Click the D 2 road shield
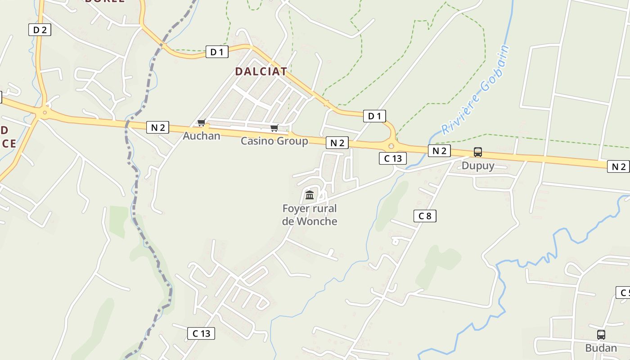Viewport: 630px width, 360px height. point(40,30)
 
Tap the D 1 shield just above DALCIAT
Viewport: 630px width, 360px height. point(217,52)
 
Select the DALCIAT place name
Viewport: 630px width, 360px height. point(261,72)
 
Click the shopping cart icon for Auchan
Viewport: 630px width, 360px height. point(201,123)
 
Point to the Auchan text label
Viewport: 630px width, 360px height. point(202,135)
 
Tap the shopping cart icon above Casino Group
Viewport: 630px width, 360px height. point(274,128)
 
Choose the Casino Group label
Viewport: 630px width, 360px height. point(274,141)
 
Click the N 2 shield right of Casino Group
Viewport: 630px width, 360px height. point(337,143)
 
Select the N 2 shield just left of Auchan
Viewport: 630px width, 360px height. point(157,127)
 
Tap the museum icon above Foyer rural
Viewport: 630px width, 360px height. point(310,195)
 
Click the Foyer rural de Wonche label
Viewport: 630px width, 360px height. point(310,215)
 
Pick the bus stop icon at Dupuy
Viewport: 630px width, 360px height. point(478,152)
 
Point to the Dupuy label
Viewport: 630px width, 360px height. point(478,165)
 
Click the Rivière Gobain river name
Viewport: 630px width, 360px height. point(477,90)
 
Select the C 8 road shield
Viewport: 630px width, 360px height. point(425,216)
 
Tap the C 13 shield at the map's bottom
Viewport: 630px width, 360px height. point(201,333)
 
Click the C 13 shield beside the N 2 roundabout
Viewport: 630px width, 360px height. point(393,158)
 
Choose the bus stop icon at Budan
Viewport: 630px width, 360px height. point(601,335)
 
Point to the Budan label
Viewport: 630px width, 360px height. point(601,348)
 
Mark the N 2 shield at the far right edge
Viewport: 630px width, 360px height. point(618,166)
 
